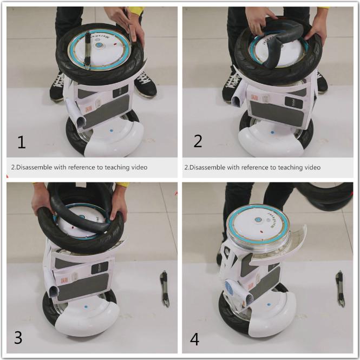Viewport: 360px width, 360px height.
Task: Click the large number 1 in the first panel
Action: tap(21, 142)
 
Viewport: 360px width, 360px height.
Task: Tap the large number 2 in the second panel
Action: tap(198, 141)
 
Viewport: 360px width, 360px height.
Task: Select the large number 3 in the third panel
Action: tap(18, 338)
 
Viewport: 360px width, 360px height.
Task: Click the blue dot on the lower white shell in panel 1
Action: tap(111, 130)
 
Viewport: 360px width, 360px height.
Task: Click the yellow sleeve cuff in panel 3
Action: tap(123, 185)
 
